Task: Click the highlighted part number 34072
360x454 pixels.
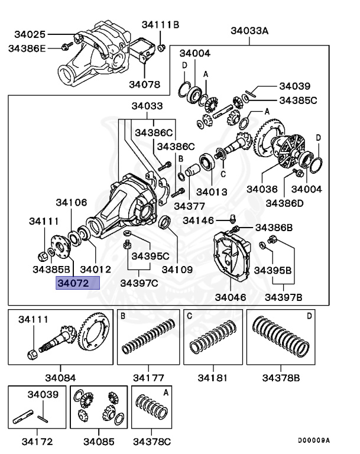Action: pos(72,284)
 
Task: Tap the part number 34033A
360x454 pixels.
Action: pos(249,30)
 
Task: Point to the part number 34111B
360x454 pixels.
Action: pos(160,24)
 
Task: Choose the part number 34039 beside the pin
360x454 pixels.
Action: pos(294,86)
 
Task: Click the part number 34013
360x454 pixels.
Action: pos(212,192)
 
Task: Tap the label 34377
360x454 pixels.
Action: pos(189,206)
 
